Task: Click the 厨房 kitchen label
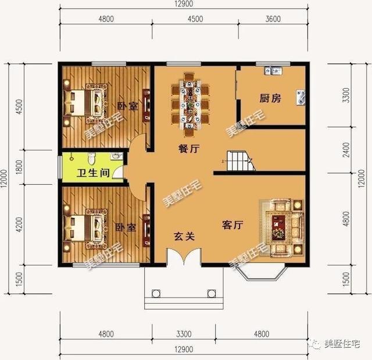(270, 99)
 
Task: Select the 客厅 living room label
(233, 225)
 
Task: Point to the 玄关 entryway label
(183, 236)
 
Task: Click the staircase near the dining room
(239, 161)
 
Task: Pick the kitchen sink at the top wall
(273, 71)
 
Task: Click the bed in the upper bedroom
(88, 103)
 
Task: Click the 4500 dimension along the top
(195, 19)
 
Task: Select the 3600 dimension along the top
(273, 19)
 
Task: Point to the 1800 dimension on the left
(19, 169)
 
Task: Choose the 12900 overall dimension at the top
(184, 5)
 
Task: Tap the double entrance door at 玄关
(184, 256)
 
